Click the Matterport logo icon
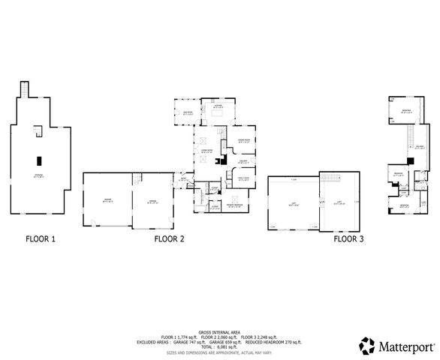point(366,346)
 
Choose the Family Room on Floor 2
point(243,179)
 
